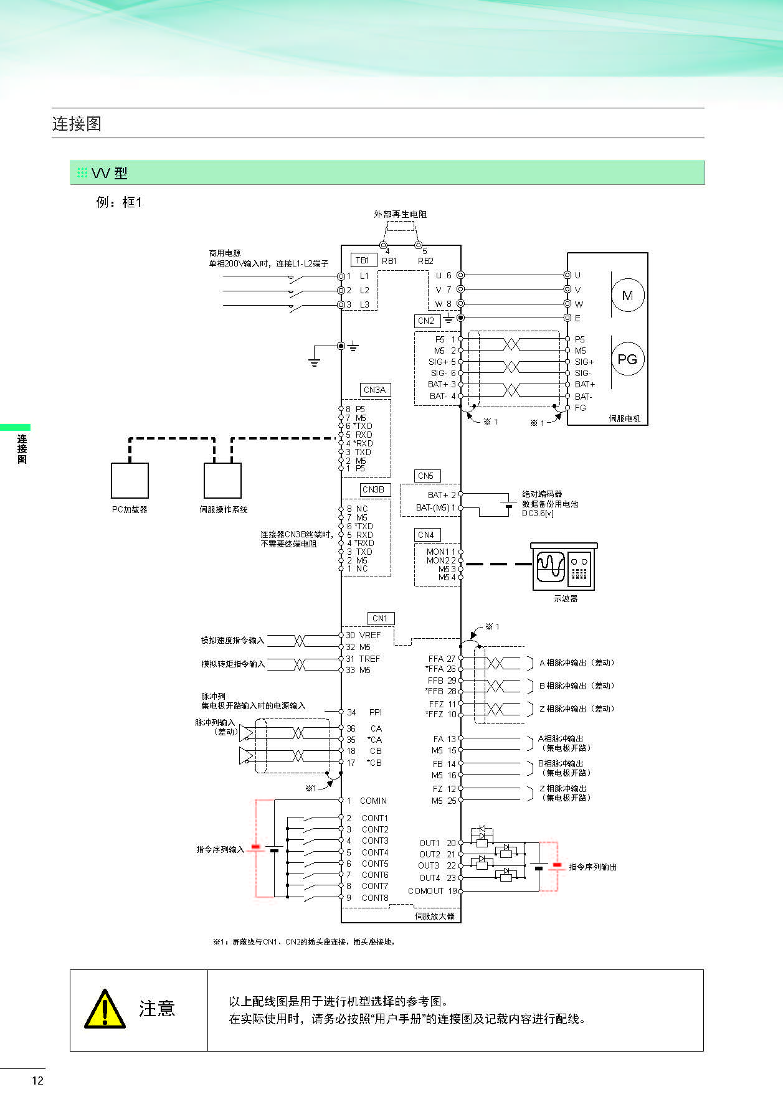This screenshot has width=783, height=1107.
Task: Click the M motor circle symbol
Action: (x=627, y=296)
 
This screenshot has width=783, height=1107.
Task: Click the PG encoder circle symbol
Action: (x=627, y=359)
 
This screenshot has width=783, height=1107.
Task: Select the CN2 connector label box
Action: (x=426, y=321)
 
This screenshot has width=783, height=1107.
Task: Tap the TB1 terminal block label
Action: (x=363, y=260)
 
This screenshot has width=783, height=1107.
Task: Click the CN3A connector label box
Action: (x=375, y=390)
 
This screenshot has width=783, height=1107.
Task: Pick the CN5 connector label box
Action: (x=426, y=476)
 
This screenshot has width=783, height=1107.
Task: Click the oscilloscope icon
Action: (x=564, y=567)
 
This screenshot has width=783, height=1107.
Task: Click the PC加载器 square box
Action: (x=130, y=480)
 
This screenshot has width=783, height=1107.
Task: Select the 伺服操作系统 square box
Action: (x=222, y=480)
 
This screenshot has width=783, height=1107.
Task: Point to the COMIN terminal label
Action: (x=373, y=801)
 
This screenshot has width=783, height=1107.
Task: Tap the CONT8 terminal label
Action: (x=375, y=898)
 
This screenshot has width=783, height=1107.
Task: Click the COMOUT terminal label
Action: (x=425, y=891)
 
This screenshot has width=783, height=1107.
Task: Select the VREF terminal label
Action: (x=370, y=635)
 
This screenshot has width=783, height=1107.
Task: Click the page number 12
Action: (x=37, y=1081)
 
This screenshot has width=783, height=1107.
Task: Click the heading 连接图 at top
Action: (x=77, y=123)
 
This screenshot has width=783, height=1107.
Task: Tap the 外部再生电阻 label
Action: (x=400, y=214)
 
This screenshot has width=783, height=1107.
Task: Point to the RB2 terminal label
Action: (x=425, y=261)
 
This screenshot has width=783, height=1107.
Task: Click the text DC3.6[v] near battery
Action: (x=538, y=513)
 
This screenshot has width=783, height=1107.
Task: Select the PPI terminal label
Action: (x=376, y=712)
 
